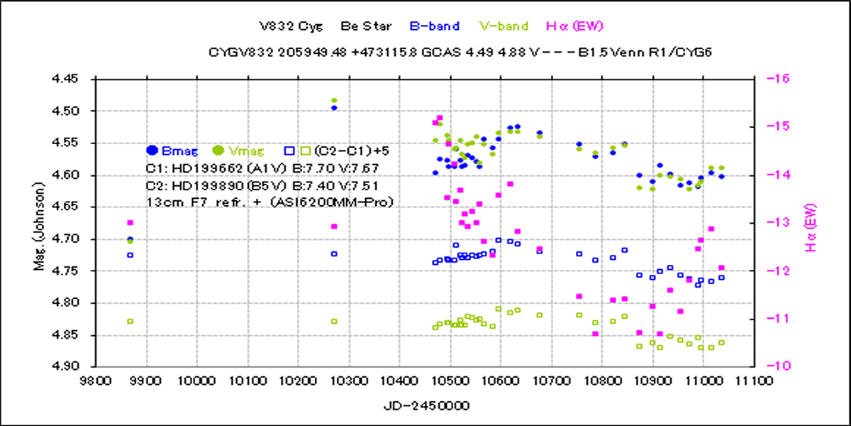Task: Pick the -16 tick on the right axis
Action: point(769,79)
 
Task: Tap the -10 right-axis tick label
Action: point(769,367)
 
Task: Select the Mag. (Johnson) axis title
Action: point(43,222)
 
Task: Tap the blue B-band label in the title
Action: point(434,26)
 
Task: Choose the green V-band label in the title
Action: point(504,26)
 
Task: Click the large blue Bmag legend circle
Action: point(152,151)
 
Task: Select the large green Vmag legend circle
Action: point(218,151)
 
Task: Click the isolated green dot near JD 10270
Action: point(334,101)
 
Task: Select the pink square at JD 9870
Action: point(130,223)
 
